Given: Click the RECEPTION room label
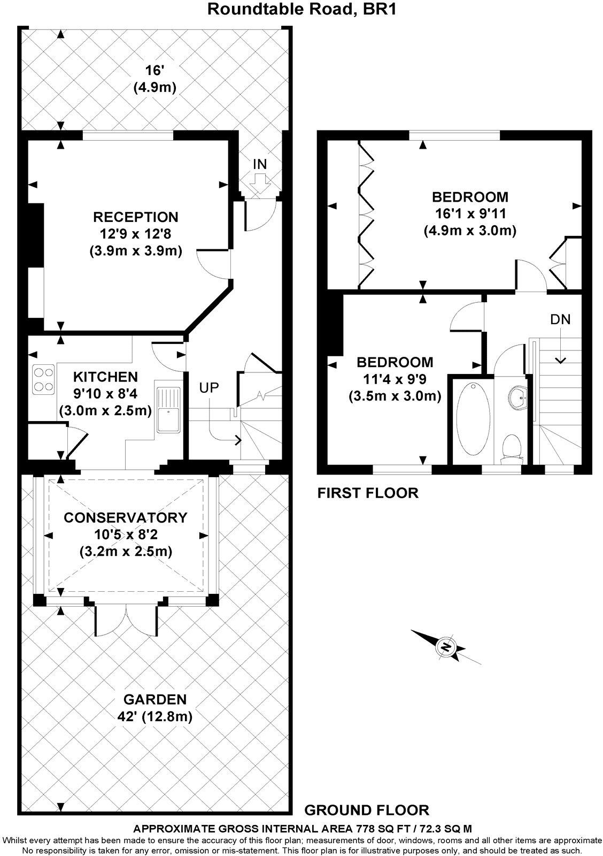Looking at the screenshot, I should (135, 217).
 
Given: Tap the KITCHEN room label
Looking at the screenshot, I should (105, 377).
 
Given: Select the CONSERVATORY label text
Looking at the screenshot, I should (126, 517).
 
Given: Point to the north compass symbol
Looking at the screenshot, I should (445, 647).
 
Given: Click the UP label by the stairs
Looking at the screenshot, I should (210, 388).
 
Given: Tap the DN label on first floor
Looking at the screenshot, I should (560, 320).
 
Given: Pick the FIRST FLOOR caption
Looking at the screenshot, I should (368, 493).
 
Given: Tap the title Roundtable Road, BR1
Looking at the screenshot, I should (301, 9).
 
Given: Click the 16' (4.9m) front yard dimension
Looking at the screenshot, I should (155, 79).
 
